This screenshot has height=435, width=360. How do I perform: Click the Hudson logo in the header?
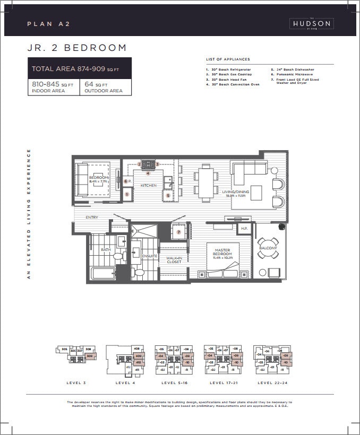[x=311, y=23]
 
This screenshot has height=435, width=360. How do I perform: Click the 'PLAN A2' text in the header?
[x=49, y=24]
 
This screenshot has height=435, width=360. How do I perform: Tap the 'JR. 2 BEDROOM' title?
[x=77, y=48]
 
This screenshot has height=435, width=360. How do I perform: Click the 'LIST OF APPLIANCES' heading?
[x=227, y=59]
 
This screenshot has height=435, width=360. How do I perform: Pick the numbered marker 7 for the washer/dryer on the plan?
[x=179, y=232]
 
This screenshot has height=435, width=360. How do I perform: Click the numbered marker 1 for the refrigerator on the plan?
[x=127, y=195]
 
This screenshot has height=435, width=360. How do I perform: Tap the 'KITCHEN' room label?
[x=148, y=185]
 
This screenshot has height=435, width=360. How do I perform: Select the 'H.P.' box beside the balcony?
[x=244, y=229]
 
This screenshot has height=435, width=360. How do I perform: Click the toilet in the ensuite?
[x=139, y=273]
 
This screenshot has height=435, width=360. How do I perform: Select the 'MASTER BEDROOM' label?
[x=222, y=253]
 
